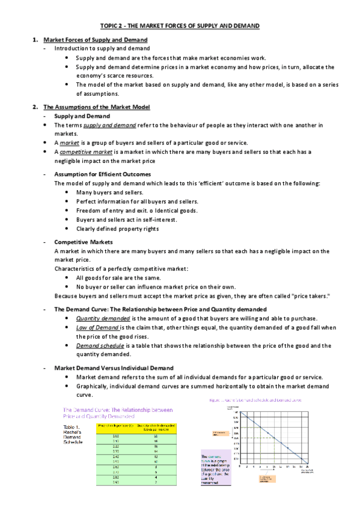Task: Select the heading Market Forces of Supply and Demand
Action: [x=96, y=40]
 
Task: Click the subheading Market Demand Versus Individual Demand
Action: [x=114, y=367]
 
